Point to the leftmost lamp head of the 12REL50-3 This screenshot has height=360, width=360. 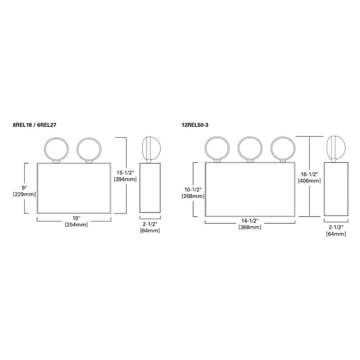pos(216,148)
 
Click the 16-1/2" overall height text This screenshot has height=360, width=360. pos(310,174)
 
